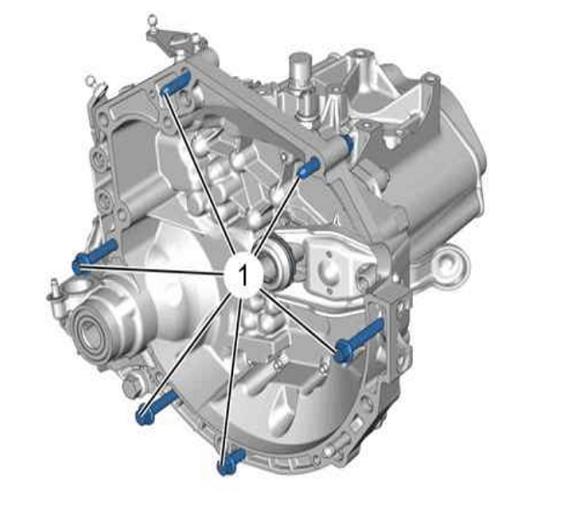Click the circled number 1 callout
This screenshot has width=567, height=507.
[243, 276]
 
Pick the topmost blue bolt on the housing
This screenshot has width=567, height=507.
[174, 84]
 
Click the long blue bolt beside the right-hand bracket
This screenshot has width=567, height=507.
[359, 341]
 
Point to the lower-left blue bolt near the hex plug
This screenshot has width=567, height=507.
[156, 408]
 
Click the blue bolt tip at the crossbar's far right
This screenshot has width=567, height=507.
[348, 142]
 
